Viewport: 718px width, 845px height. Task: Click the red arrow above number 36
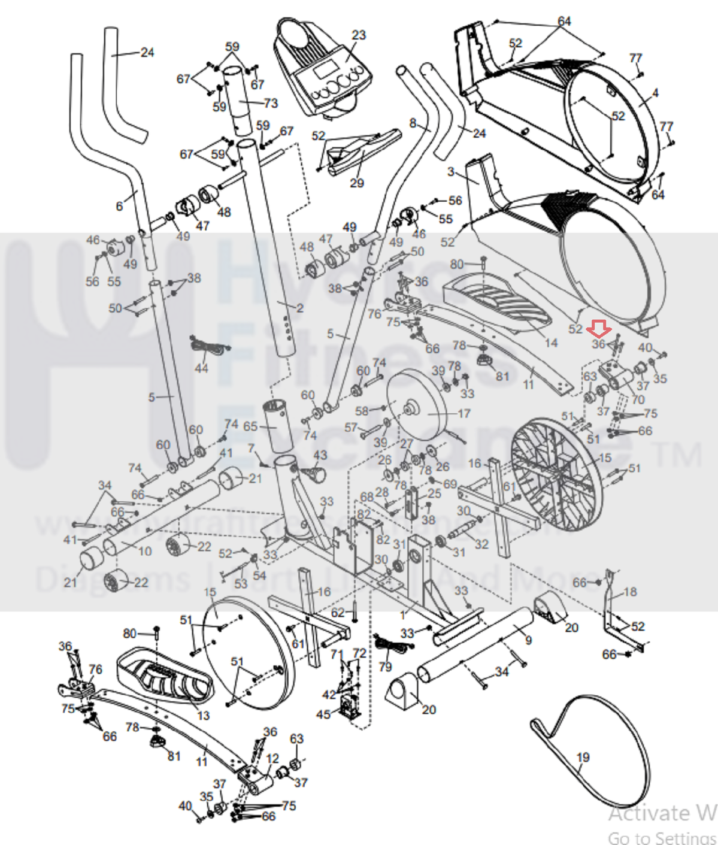point(598,328)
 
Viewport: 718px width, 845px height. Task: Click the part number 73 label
point(271,103)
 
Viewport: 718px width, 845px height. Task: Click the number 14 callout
point(551,343)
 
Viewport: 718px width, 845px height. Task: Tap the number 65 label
point(250,426)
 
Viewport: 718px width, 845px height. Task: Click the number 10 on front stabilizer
point(145,551)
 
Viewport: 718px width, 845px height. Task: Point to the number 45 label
point(323,714)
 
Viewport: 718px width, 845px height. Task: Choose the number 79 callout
point(385,667)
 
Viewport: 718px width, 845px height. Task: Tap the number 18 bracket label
point(630,592)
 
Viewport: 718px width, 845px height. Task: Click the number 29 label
point(357,183)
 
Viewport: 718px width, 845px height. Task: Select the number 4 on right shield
point(655,93)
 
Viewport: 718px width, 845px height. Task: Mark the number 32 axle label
point(481,544)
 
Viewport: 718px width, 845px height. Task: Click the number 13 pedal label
point(204,715)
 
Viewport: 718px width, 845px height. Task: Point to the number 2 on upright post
point(300,308)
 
